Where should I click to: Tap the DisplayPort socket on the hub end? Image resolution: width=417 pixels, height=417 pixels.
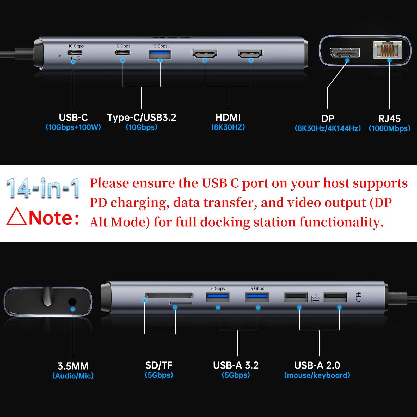(345, 53)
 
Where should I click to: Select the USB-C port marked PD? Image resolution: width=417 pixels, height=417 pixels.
(75, 52)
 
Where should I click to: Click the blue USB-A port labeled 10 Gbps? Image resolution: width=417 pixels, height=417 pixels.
(160, 53)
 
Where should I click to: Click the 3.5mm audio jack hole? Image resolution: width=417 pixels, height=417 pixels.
(72, 302)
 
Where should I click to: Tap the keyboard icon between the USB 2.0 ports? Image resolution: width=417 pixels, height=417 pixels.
(316, 298)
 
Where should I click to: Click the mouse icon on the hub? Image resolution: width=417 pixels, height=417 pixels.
(359, 297)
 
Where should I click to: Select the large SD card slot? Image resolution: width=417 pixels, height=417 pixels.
(169, 295)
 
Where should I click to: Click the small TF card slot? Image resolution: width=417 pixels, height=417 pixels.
(180, 303)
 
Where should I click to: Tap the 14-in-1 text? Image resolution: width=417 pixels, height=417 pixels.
(43, 188)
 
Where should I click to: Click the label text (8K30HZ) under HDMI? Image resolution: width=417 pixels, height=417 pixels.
(228, 127)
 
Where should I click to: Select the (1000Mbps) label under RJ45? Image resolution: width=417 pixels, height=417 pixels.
(389, 128)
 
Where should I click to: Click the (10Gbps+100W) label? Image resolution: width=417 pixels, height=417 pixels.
(73, 127)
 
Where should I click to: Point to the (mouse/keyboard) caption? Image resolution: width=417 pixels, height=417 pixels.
(317, 375)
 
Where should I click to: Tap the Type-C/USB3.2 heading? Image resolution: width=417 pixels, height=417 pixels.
(142, 117)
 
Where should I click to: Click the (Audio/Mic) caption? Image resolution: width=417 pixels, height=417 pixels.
(73, 376)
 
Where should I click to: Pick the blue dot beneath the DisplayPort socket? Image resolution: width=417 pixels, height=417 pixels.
(347, 60)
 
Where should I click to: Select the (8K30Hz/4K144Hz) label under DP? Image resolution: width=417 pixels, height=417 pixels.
(328, 128)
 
